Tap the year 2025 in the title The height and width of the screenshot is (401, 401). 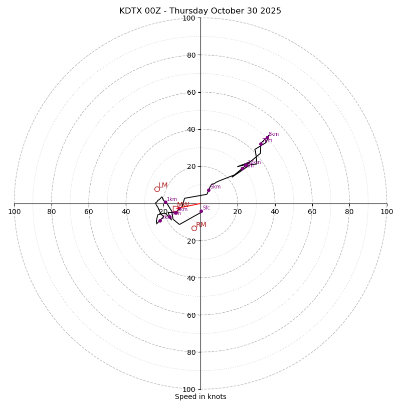(x=270, y=11)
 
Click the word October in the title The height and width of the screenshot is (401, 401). (x=229, y=11)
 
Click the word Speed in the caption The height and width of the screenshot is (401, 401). (x=184, y=396)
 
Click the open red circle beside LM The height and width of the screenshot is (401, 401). (x=157, y=189)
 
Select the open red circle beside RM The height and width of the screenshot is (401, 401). (x=194, y=228)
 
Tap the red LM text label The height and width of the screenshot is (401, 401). (x=163, y=185)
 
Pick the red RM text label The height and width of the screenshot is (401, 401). (x=201, y=225)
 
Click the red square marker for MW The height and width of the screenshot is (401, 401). (x=175, y=209)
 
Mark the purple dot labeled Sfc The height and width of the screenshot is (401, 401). (x=201, y=211)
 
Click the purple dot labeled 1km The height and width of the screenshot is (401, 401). (x=165, y=202)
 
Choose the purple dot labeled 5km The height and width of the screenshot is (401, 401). (x=209, y=190)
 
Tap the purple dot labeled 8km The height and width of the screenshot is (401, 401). (x=267, y=137)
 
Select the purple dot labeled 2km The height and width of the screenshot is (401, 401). (x=160, y=221)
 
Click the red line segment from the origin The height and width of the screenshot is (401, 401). (x=190, y=206)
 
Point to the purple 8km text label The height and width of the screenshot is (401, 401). (x=273, y=134)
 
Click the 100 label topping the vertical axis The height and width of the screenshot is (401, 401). (x=188, y=18)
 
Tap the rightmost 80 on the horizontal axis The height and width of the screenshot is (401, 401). (x=349, y=212)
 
